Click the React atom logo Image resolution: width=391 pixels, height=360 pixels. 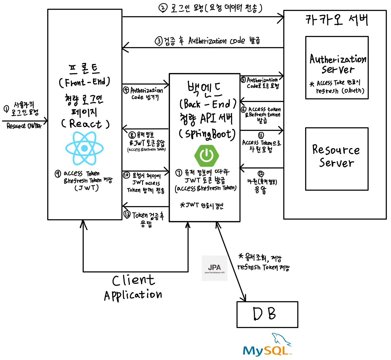point(84,148)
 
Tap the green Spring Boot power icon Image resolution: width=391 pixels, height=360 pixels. point(207,155)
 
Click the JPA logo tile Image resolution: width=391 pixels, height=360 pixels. point(215,268)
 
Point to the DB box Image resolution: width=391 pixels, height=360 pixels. point(267,314)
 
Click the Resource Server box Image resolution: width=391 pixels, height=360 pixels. point(337,159)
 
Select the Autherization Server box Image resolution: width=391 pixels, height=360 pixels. point(337,68)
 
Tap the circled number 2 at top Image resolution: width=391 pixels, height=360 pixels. point(163,8)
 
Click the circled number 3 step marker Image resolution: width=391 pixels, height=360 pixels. point(159,41)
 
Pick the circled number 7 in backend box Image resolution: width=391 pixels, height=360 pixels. point(179,173)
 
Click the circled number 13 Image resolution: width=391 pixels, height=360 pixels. point(127,214)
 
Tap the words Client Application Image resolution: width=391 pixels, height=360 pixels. point(133,287)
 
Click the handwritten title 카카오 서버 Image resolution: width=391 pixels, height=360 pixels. point(336,20)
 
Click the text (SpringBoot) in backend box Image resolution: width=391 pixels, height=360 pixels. point(207,134)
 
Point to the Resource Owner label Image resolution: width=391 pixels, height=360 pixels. point(24,126)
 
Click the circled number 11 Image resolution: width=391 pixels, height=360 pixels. point(261,136)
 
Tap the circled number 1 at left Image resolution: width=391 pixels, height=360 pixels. point(6,109)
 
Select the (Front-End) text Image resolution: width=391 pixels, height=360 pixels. point(84,82)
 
